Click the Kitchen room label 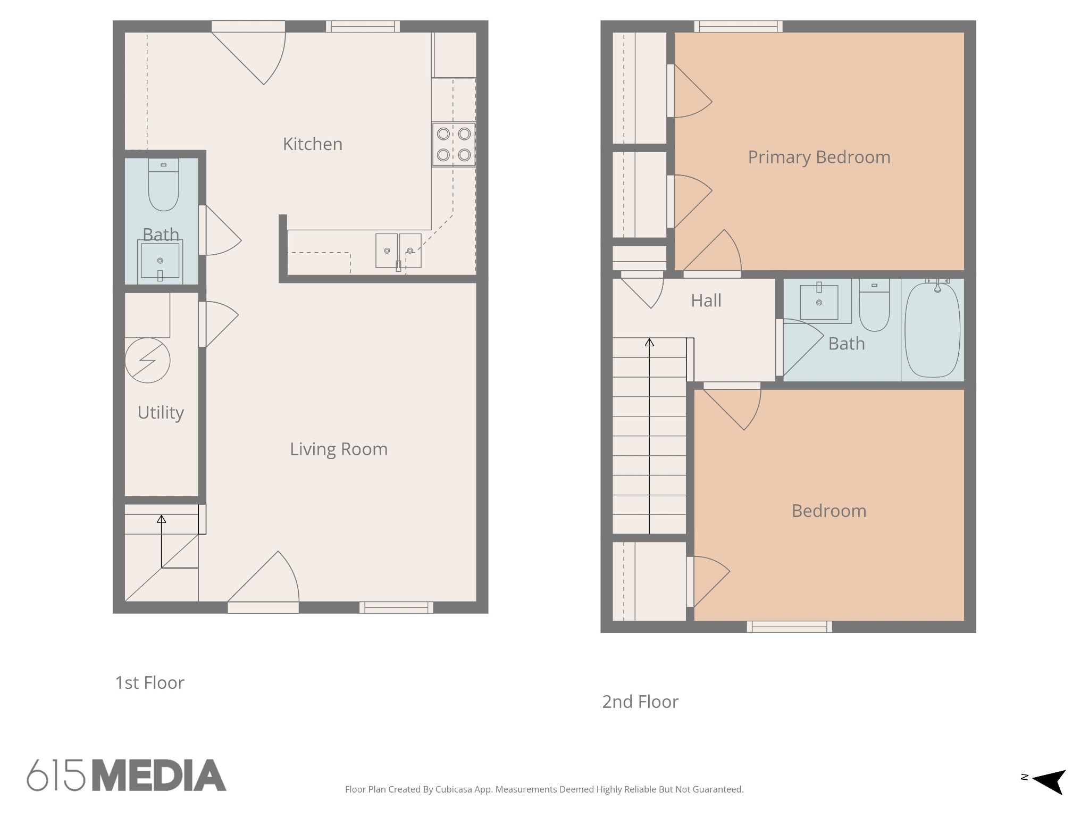coord(313,144)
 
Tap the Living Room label coord(339,449)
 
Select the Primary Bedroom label coord(819,157)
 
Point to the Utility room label coord(161,413)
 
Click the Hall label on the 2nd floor coord(706,301)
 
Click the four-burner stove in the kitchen coord(454,144)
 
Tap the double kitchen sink coord(398,251)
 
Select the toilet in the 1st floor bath coord(163,185)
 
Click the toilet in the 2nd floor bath coord(874,305)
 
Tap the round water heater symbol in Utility coord(147,361)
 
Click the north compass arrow coord(1049,781)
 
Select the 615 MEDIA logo coord(127,775)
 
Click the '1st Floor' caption coord(150,683)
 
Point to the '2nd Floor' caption coord(640,702)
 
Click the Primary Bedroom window coord(738,27)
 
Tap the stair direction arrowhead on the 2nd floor coord(649,343)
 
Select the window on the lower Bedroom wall coord(789,627)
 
